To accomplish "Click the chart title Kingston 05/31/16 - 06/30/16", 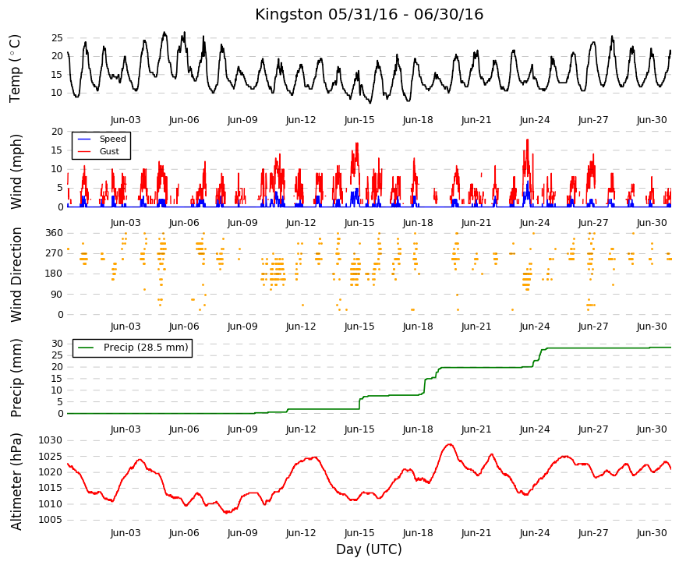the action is point(369,14).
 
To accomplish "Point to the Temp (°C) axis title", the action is point(15,69).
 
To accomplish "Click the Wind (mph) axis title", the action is point(16,172).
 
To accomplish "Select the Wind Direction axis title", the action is point(16,274).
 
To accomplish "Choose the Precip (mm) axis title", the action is point(16,378).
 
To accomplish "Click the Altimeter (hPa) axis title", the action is point(16,481).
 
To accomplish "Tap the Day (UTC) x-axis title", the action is point(369,549).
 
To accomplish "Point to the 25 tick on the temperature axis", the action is point(57,38).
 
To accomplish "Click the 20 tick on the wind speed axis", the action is point(57,132).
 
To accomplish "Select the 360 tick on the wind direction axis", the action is point(54,233).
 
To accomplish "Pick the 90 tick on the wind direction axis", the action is point(57,295).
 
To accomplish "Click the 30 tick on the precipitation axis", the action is point(57,344).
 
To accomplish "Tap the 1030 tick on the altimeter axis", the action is point(50,440).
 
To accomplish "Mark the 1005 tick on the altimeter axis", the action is point(50,520).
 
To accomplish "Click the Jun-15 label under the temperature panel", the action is point(359,120).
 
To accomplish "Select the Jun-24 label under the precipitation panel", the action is point(534,429).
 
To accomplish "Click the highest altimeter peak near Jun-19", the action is point(449,444).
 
